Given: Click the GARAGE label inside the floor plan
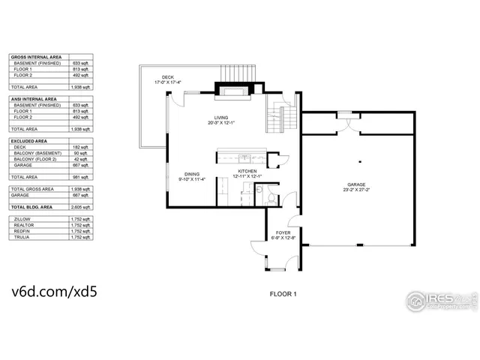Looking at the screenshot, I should click(356, 185).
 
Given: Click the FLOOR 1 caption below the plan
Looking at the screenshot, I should click(283, 294).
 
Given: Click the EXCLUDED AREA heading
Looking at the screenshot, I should click(30, 141).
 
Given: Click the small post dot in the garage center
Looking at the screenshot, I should click(359, 161).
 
